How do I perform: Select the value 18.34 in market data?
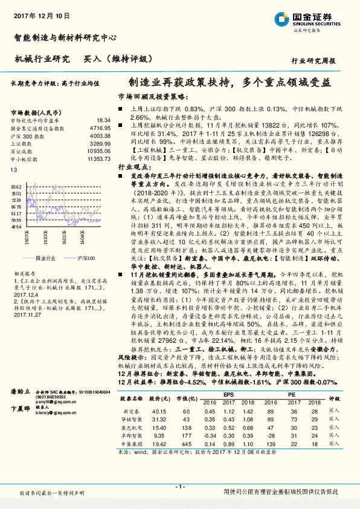pyautogui.click(x=104, y=121)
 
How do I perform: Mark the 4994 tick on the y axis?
pyautogui.click(x=16, y=228)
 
